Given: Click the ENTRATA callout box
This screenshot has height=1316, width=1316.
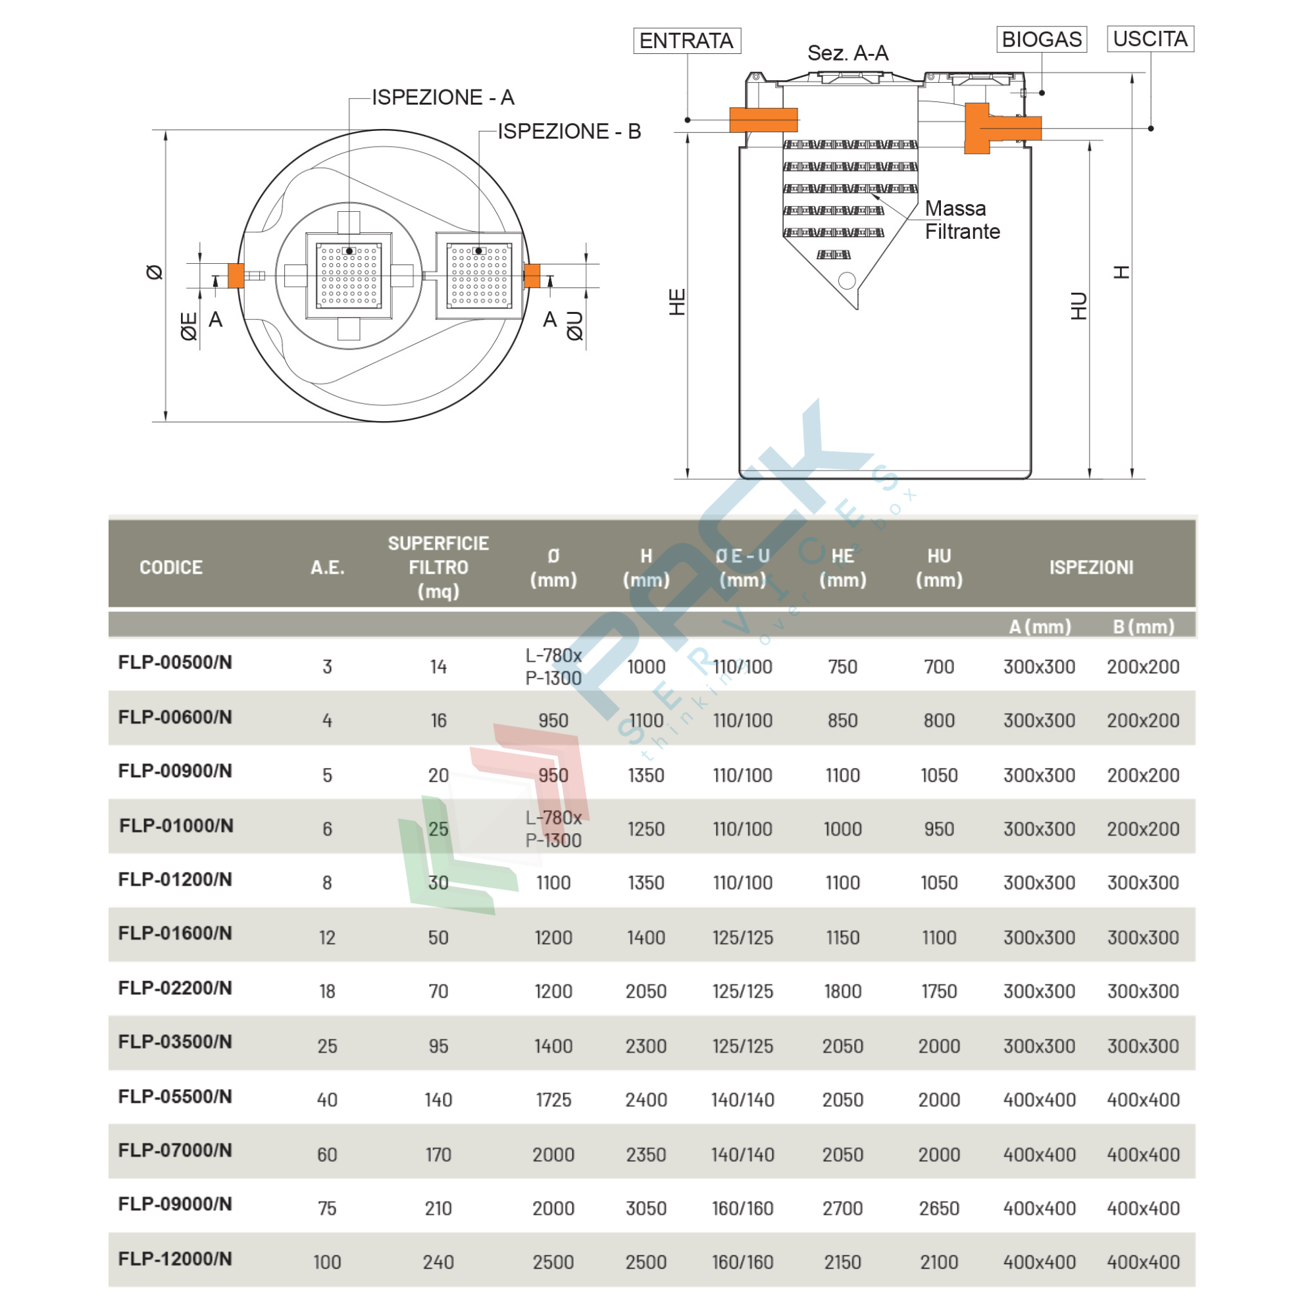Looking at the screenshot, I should point(686,41).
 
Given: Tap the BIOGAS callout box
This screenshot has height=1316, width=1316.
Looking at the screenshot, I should point(1042,39).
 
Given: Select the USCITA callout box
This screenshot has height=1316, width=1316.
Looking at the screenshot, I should point(1150,39).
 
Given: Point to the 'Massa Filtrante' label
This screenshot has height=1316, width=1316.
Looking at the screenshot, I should point(961,220).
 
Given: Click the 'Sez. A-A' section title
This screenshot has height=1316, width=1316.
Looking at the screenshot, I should point(848,53).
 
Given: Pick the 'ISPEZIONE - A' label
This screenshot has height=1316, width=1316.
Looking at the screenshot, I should point(443,97).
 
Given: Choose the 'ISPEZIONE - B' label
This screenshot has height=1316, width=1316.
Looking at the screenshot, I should point(569,132).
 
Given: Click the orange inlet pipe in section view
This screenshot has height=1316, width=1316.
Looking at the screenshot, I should point(763,120).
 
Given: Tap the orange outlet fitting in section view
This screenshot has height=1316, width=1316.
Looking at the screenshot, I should point(988,128).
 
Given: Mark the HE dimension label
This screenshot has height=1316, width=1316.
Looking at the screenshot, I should point(677,302).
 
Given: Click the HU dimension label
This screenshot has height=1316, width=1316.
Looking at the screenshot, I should point(1079,306).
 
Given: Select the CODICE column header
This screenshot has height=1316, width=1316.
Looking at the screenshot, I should point(171,567).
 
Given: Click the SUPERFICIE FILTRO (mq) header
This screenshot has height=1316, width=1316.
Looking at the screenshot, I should point(438,567).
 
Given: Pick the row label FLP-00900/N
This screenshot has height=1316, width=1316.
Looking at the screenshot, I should point(175,771).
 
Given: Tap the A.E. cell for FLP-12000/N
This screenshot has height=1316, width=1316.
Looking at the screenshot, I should point(327,1262).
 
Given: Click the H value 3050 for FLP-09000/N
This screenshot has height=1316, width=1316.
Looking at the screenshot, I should point(645,1208).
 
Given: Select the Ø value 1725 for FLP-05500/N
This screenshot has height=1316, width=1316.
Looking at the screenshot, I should point(553,1100).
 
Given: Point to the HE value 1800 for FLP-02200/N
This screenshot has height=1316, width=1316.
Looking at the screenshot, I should point(843,991).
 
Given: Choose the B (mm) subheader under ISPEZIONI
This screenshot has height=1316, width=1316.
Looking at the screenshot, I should point(1143,626).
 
